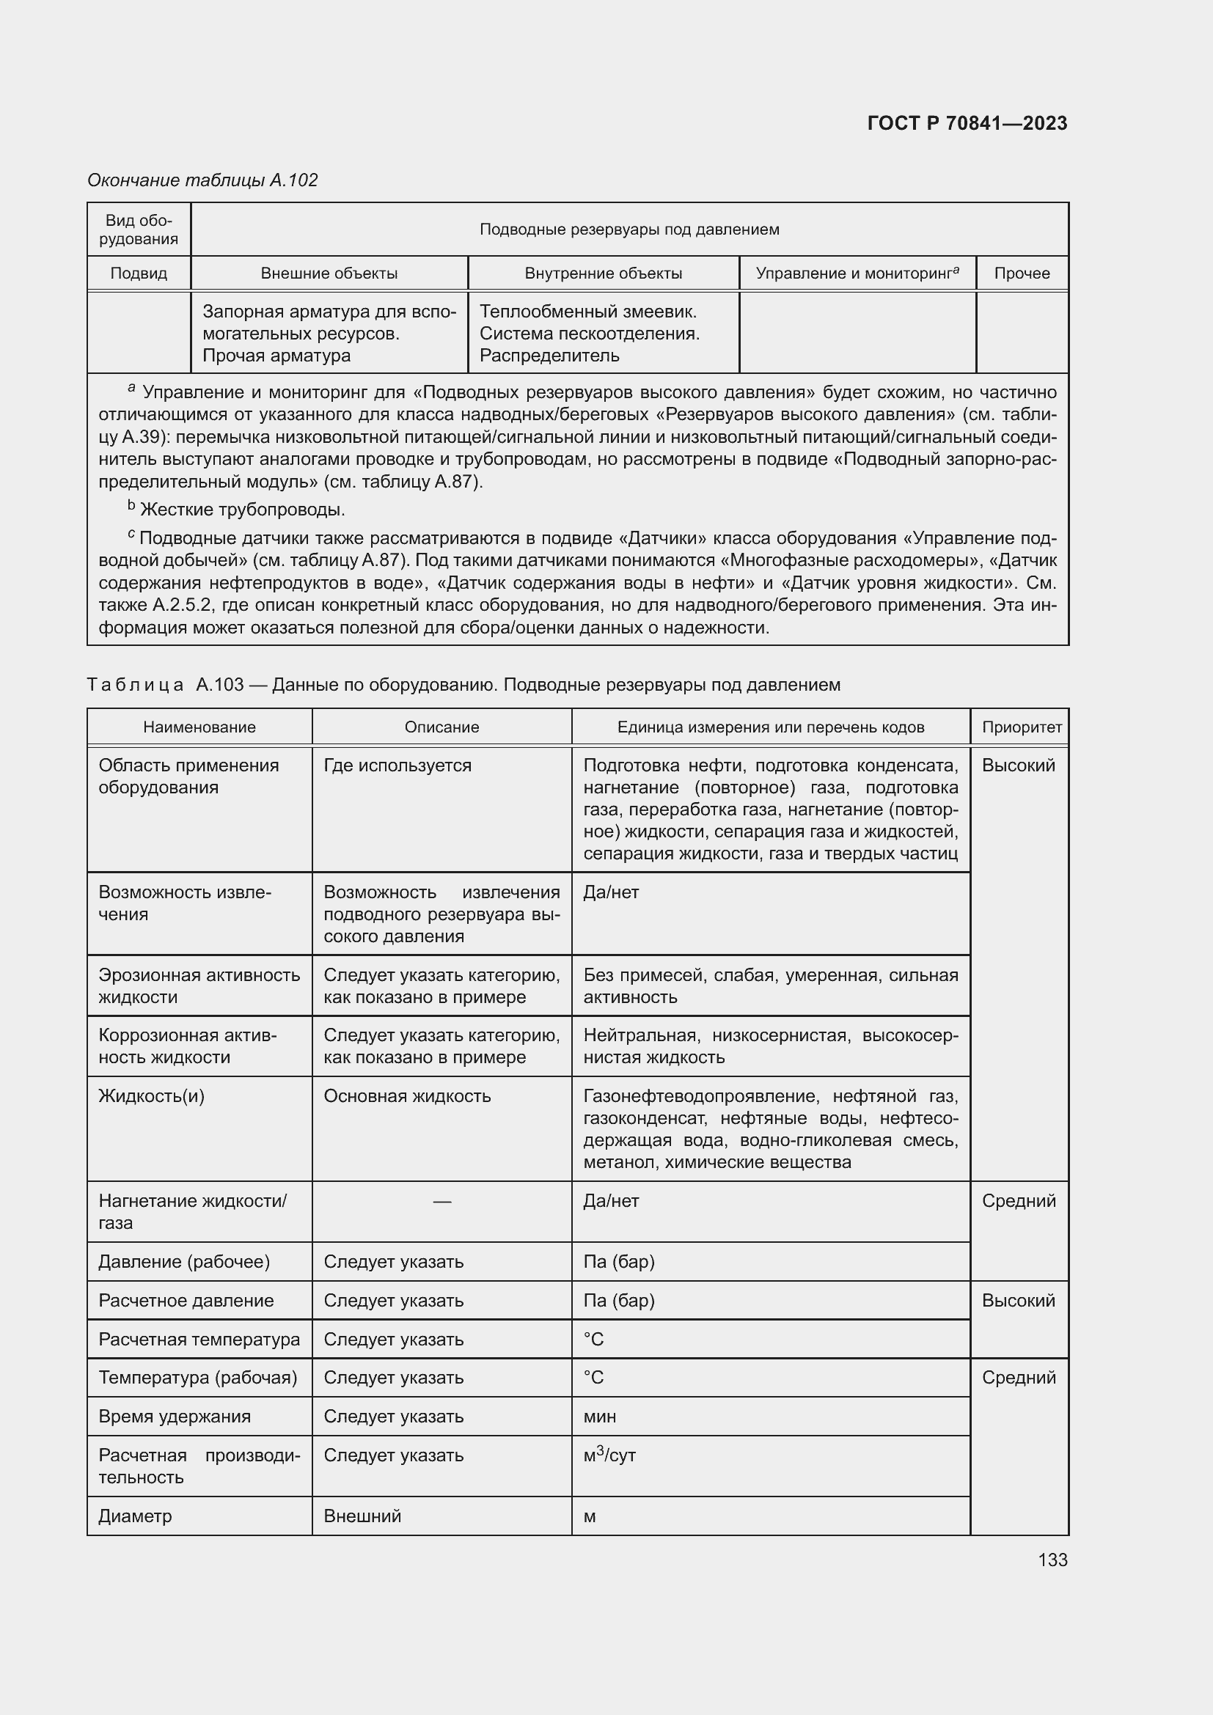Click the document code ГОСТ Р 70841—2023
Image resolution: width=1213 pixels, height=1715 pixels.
click(x=967, y=123)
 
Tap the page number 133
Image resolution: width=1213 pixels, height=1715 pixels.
click(x=1052, y=1560)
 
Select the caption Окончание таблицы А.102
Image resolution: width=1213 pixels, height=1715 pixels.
click(x=202, y=180)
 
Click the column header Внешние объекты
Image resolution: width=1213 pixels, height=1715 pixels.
click(x=329, y=273)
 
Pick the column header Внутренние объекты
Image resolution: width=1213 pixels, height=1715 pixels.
click(x=603, y=273)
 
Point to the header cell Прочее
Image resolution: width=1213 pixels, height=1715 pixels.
click(x=1021, y=273)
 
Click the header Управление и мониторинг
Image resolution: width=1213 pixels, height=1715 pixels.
click(x=856, y=273)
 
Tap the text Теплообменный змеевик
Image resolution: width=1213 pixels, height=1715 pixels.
click(x=588, y=312)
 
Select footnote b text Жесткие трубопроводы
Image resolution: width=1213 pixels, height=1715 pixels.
click(x=242, y=510)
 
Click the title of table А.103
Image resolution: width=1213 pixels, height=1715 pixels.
click(x=463, y=685)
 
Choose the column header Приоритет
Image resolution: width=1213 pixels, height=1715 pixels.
click(x=1021, y=727)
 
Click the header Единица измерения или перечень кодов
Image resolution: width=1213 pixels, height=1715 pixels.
click(x=770, y=727)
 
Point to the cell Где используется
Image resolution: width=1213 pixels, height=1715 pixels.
click(x=397, y=765)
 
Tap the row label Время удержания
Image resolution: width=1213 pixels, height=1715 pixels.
click(x=174, y=1417)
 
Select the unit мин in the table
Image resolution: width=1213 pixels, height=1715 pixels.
click(x=599, y=1417)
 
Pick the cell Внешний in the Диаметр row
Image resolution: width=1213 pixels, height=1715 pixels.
click(x=362, y=1516)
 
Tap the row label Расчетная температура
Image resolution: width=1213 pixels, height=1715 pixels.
click(x=199, y=1340)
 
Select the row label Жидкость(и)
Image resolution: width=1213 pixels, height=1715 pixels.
click(x=151, y=1095)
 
